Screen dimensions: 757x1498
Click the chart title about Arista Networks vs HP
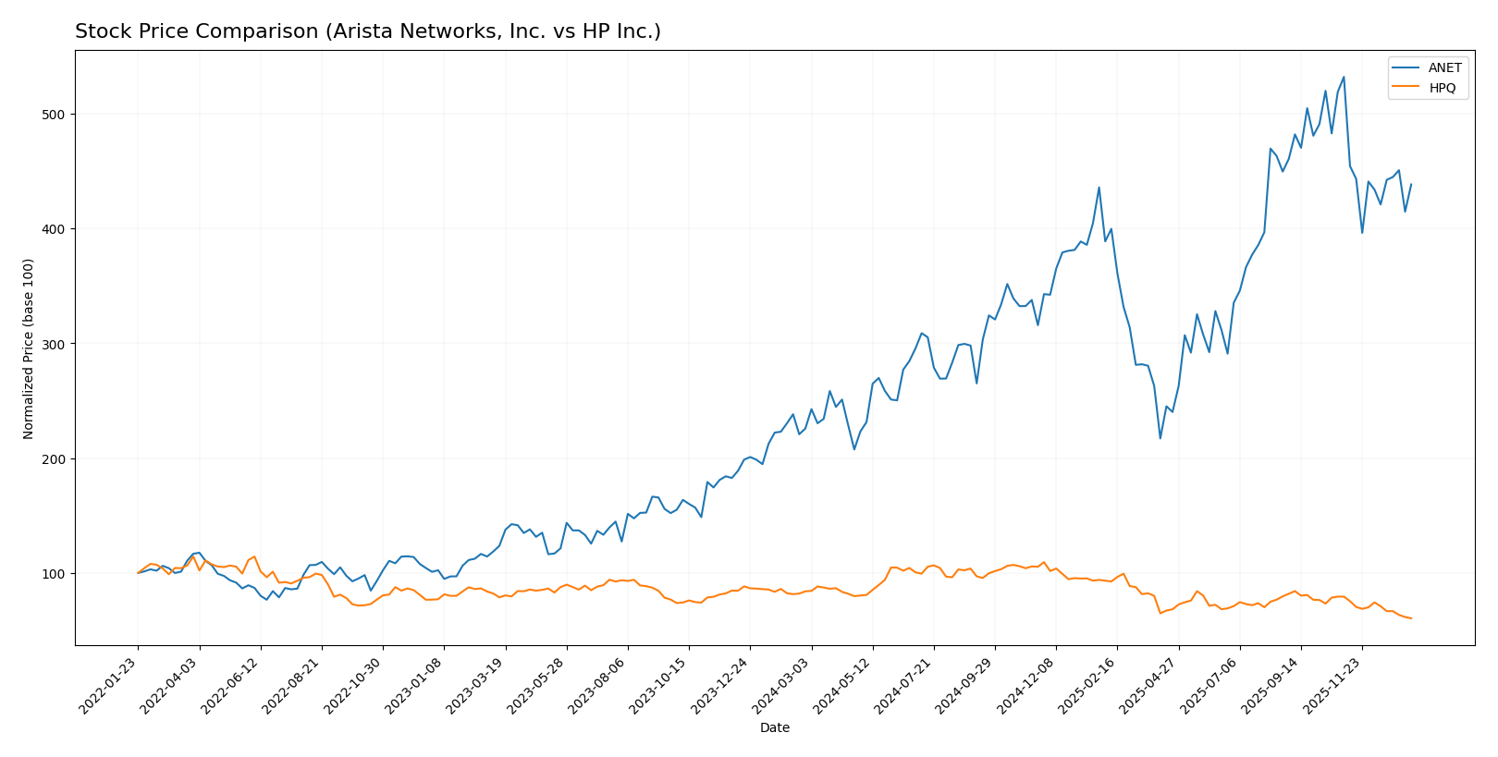(x=367, y=32)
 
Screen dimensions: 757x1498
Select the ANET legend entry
(x=1444, y=68)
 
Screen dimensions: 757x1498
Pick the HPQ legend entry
(x=1442, y=88)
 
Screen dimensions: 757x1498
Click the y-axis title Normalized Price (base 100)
(x=29, y=348)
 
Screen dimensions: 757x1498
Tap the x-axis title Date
(x=774, y=728)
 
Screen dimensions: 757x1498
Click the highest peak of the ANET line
(x=1344, y=77)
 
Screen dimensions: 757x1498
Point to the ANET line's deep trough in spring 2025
(x=1160, y=438)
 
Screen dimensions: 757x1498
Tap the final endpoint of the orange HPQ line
(x=1411, y=618)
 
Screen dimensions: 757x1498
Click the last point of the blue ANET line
(x=1411, y=184)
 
